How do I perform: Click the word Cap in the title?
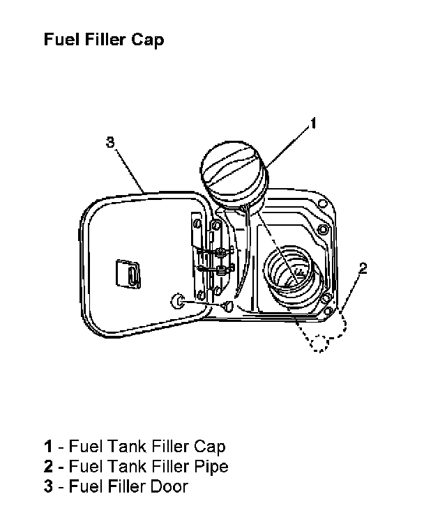(147, 40)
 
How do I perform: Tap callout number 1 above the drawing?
(313, 123)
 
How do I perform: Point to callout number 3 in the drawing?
(110, 143)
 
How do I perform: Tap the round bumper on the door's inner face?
(178, 302)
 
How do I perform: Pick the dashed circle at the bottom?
(320, 343)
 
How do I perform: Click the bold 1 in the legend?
(47, 446)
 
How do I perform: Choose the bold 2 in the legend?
(47, 466)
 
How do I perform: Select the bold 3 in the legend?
(47, 486)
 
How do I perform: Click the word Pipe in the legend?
(210, 466)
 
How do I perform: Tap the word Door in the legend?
(169, 486)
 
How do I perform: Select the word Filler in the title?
(104, 40)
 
